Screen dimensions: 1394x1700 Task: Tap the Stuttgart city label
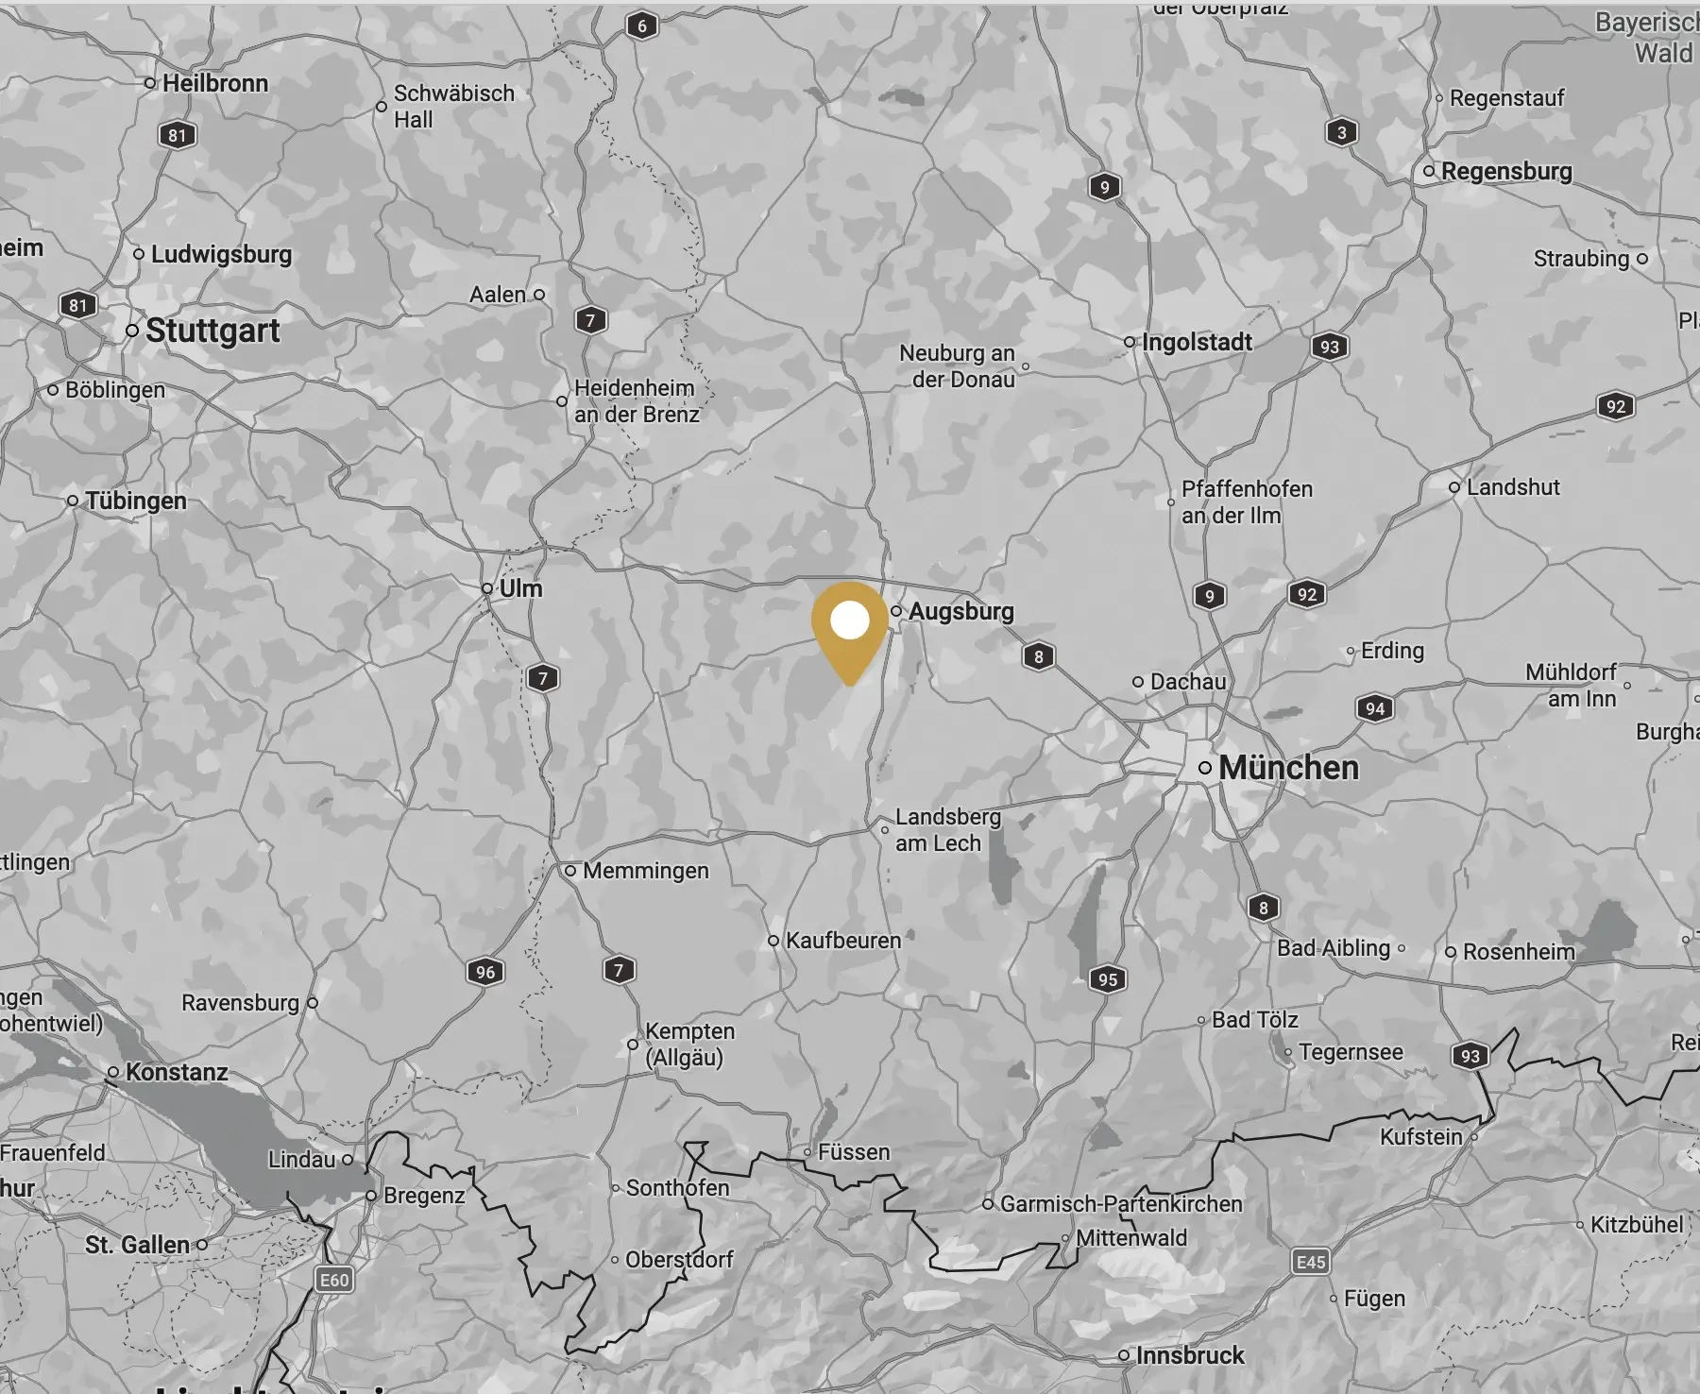point(212,331)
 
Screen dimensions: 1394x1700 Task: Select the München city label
point(1288,768)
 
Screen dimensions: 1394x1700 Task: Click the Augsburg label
point(960,611)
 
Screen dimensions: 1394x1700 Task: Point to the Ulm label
point(520,588)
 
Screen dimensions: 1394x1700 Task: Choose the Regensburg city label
point(1506,171)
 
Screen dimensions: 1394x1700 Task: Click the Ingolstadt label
point(1197,342)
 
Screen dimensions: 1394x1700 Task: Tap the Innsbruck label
point(1190,1355)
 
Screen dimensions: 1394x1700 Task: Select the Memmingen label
point(645,871)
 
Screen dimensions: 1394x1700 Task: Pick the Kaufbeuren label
point(843,941)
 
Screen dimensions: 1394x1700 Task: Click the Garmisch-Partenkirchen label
point(1121,1204)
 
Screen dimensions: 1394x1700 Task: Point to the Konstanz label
point(177,1072)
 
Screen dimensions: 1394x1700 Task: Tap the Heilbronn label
point(215,83)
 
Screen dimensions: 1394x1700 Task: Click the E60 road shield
point(334,1280)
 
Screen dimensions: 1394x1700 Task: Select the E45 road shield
point(1311,1262)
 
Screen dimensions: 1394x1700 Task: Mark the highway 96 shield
point(485,972)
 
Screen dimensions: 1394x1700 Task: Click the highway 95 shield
point(1108,979)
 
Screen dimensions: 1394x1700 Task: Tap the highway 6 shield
point(642,25)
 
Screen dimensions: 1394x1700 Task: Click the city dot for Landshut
point(1454,487)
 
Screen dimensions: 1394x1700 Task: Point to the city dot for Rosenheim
point(1451,952)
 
